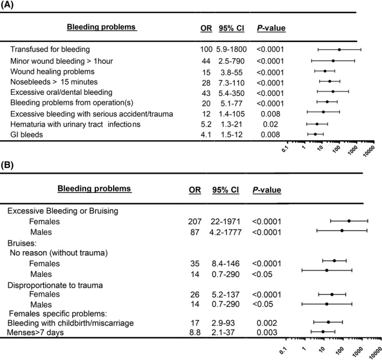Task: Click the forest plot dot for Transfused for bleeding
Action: coord(339,50)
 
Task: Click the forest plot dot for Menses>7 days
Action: coord(323,333)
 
